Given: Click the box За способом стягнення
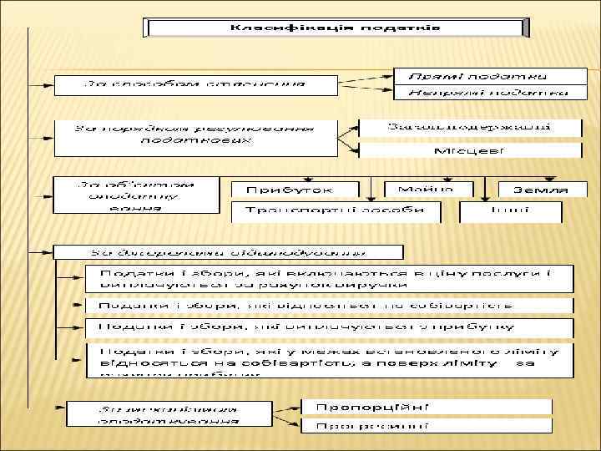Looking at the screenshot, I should (x=194, y=84).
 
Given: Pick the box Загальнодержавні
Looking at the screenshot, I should (x=470, y=128).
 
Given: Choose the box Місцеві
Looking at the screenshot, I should (x=470, y=151).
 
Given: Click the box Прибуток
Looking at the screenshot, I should (x=294, y=190).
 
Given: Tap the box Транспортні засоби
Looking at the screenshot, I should (x=336, y=211).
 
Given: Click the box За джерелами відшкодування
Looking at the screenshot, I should (x=227, y=251).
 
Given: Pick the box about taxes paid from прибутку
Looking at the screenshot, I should (x=330, y=327).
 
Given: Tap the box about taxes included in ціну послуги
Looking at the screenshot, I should (x=330, y=279).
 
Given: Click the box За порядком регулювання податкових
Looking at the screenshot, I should (x=194, y=136).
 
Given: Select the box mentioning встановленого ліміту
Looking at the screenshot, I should (x=330, y=359).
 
